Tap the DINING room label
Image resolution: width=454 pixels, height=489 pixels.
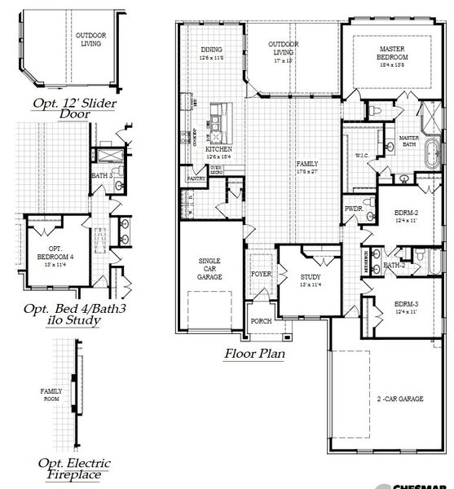coord(211,50)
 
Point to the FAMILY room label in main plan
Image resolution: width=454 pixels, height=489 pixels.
coord(307,164)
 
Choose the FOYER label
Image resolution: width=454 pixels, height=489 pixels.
coord(261,275)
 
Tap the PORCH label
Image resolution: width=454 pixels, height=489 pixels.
coord(261,321)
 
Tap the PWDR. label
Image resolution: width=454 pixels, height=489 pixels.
coord(353,208)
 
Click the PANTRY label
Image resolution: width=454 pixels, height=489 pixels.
coord(196,178)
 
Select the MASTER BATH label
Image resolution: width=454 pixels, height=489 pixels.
coord(408,142)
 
